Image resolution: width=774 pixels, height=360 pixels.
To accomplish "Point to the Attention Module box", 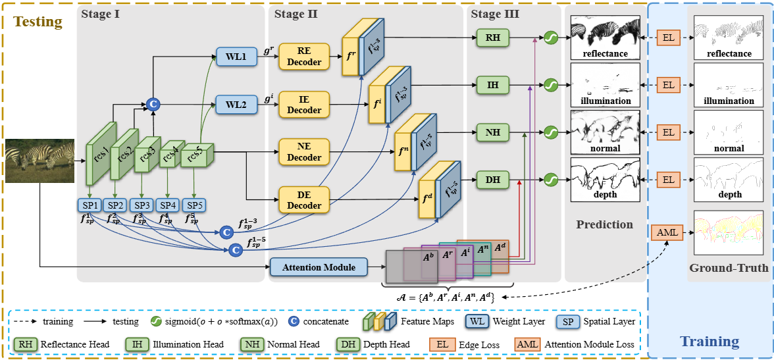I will [319, 267].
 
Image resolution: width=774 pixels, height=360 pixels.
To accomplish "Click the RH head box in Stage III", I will [493, 38].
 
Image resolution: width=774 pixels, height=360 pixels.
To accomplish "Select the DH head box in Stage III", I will [493, 179].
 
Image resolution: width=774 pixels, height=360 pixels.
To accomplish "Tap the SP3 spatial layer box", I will [142, 205].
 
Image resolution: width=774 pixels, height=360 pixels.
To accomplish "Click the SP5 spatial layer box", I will [194, 205].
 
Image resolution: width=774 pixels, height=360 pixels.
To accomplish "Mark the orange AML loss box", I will [667, 232].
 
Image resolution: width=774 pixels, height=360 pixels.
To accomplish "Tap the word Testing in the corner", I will [38, 22].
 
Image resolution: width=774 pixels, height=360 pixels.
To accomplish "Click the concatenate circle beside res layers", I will [153, 104].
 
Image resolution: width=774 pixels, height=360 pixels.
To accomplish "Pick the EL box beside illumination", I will [668, 85].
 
